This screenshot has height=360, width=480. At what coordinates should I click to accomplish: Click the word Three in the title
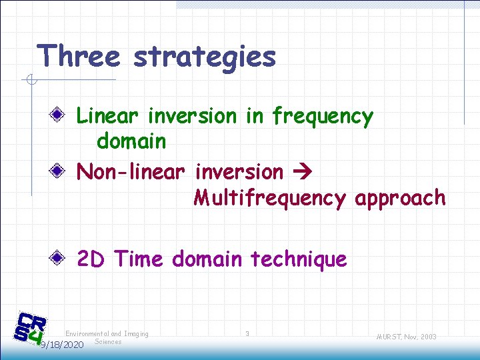tap(79, 56)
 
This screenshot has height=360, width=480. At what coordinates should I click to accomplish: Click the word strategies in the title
tap(204, 57)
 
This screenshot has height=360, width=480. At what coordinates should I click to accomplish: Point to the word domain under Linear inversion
tap(131, 141)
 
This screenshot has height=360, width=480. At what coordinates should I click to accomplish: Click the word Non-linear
tap(130, 171)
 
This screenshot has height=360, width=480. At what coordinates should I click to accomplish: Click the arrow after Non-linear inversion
tap(304, 172)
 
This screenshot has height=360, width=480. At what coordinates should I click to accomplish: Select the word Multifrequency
tap(269, 198)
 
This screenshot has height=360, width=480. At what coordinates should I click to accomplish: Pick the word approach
tap(400, 199)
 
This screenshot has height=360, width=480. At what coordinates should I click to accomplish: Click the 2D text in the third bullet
tap(91, 259)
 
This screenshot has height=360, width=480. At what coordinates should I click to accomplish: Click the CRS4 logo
tap(31, 329)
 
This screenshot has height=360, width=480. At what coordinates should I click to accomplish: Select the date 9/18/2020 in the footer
tap(61, 345)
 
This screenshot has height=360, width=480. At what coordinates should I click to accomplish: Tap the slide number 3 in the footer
tap(247, 333)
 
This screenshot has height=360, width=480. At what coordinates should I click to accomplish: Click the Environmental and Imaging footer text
tap(107, 333)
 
